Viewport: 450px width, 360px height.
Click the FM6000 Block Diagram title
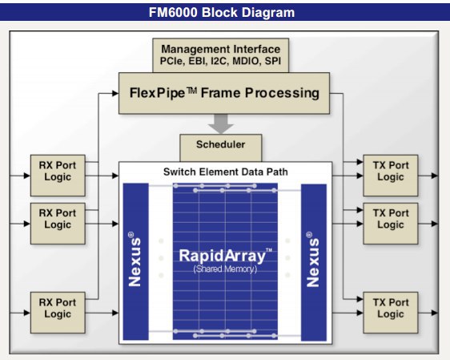coord(222,13)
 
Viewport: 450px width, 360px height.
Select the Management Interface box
coord(220,55)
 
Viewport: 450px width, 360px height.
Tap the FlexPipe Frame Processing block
coord(224,93)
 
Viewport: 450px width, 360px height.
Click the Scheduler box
coord(221,148)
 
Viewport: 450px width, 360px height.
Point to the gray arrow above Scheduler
coord(221,123)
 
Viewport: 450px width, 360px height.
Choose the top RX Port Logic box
coord(58,176)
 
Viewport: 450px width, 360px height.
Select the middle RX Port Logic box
coord(58,224)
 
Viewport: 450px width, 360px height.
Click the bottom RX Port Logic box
coord(58,313)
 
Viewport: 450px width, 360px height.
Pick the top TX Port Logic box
coord(391,176)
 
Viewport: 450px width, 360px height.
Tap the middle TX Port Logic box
coord(391,224)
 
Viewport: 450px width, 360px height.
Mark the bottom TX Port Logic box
coord(391,313)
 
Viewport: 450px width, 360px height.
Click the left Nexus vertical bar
coord(136,261)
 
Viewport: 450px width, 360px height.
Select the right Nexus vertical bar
coord(314,262)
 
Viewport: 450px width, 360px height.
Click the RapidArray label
coord(223,256)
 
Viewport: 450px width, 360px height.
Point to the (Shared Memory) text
coord(225,269)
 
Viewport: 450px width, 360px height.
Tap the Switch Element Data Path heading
coord(226,172)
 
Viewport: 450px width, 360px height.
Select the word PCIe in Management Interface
coord(172,61)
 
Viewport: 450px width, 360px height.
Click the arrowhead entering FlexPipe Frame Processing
coord(115,93)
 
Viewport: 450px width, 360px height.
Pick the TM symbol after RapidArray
coord(269,250)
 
